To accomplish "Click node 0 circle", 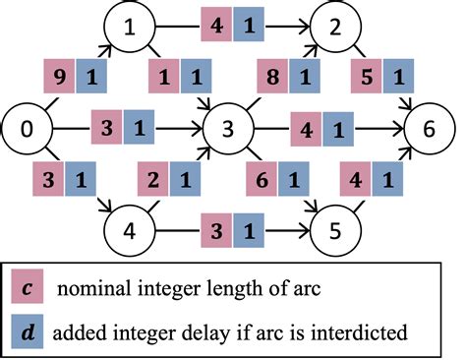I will pos(28,128).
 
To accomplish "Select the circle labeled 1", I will pos(128,27).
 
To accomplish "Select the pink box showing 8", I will pos(274,75).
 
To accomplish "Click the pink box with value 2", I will pos(154,182).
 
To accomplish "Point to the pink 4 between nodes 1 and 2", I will pos(216,23).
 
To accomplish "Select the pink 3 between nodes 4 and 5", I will pos(216,232).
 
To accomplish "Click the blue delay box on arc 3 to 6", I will pos(336,128).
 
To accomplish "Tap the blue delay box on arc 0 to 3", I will pos(138,128).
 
